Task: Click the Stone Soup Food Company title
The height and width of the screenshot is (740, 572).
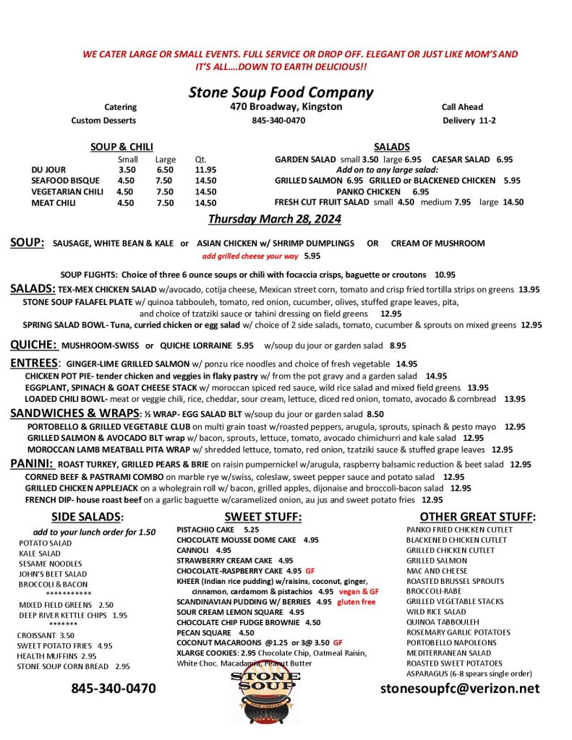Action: click(281, 92)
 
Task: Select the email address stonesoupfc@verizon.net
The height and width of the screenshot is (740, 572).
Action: click(460, 689)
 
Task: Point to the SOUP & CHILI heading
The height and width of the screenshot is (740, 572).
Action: click(121, 147)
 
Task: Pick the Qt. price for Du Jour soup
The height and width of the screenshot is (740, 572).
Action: click(205, 170)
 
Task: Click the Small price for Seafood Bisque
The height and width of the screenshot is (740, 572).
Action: click(126, 181)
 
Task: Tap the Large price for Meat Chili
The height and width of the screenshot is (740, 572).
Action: click(165, 203)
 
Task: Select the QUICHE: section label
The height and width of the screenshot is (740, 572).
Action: click(33, 345)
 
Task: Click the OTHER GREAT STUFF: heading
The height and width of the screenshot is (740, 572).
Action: click(477, 516)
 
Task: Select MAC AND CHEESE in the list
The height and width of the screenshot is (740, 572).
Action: click(437, 571)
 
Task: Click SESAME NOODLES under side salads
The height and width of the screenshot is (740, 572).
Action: click(51, 564)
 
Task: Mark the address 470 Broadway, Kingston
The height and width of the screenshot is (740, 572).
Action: click(281, 107)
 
